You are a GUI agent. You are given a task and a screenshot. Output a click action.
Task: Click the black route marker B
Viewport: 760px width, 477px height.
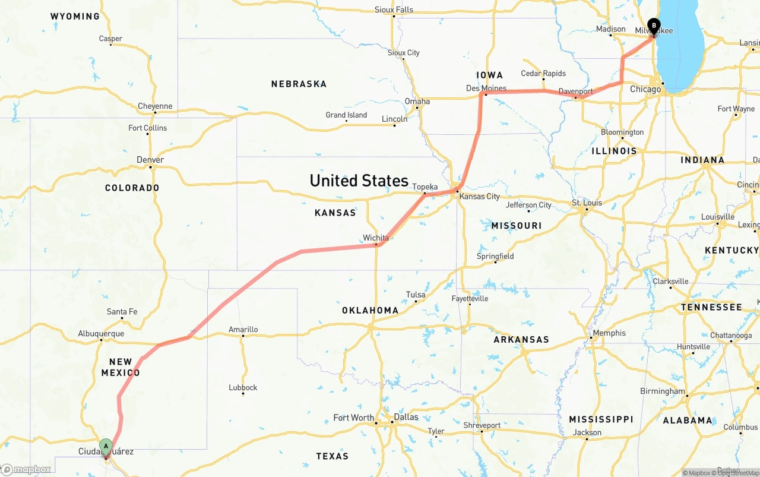[x=654, y=26]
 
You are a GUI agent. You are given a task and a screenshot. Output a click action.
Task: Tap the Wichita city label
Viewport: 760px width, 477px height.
[x=376, y=238]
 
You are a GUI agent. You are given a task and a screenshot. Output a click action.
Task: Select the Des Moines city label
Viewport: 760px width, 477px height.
[x=486, y=89]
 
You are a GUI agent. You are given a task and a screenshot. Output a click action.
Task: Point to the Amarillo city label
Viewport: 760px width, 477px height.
[x=243, y=330]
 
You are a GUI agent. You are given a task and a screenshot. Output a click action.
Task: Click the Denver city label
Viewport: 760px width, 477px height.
[x=150, y=160]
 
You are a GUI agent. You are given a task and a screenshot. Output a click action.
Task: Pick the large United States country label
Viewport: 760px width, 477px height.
[x=359, y=181]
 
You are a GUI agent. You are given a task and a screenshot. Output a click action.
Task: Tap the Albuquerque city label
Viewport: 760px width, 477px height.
[x=101, y=334]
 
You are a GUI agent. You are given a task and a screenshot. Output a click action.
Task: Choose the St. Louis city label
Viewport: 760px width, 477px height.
[x=587, y=203]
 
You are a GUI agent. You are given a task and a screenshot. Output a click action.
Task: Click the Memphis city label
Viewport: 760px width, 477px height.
[x=609, y=333]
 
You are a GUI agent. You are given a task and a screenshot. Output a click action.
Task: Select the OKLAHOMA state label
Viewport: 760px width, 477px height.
[x=370, y=310]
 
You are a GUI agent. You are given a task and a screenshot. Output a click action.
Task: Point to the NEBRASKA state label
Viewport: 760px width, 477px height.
[x=299, y=84]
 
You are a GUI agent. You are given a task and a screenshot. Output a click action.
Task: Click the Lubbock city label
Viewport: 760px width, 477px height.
[x=243, y=388]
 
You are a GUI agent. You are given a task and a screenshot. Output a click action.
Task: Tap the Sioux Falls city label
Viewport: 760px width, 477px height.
[x=394, y=10]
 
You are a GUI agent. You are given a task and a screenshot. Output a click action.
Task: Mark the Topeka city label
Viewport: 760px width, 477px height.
[x=425, y=187]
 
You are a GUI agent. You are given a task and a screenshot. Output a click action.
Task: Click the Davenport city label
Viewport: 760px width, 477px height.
[x=575, y=91]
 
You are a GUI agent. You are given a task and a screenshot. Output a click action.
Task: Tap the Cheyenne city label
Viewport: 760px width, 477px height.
[x=155, y=106]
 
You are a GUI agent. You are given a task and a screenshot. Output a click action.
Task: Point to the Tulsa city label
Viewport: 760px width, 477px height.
[x=416, y=295]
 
